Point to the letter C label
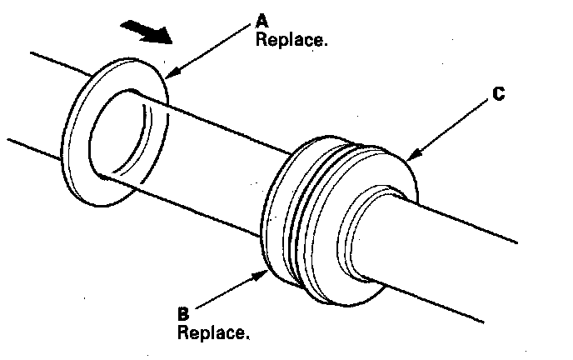click(498, 94)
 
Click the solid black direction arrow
click(147, 32)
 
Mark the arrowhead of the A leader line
click(169, 75)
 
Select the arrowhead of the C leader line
click(410, 158)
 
